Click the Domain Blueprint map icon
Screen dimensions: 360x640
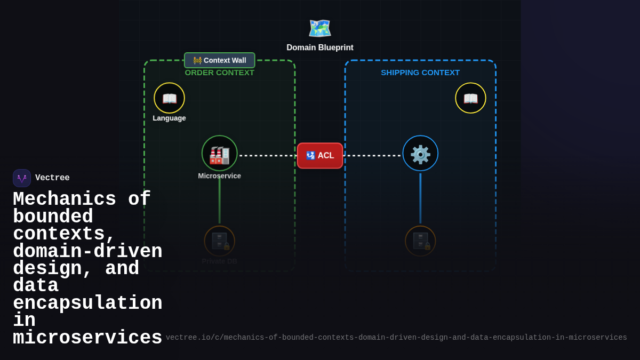tap(320, 28)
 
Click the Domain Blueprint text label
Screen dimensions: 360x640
tap(320, 47)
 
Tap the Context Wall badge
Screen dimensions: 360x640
tap(220, 60)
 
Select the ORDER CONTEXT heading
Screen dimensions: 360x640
tap(220, 73)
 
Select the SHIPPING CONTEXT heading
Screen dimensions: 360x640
tap(420, 73)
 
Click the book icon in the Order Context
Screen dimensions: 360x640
tap(170, 98)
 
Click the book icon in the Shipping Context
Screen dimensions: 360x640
tap(470, 98)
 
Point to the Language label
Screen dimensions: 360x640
tap(170, 118)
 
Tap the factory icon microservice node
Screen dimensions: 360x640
tap(219, 154)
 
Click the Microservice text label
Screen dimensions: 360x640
tap(219, 176)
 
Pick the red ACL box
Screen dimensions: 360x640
tap(320, 156)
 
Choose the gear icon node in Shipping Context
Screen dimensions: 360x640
tap(420, 154)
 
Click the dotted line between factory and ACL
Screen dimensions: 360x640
tap(268, 156)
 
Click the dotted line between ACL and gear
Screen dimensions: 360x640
tap(372, 156)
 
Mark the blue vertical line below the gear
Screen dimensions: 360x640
tap(420, 198)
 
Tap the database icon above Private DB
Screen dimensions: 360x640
tap(219, 241)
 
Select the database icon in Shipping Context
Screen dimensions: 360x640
tap(420, 241)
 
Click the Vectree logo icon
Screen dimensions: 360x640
tap(22, 178)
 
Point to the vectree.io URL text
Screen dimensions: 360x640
tap(396, 338)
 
